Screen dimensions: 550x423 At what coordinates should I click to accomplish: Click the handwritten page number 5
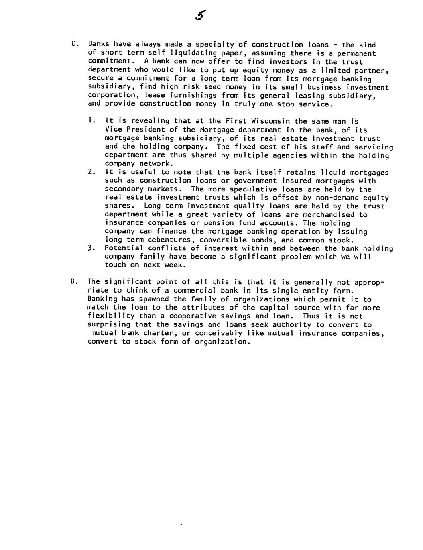[200, 16]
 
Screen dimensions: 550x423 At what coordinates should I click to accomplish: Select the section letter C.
[73, 44]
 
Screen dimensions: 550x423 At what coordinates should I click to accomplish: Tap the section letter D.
[73, 282]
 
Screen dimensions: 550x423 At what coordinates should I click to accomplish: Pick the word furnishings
[193, 96]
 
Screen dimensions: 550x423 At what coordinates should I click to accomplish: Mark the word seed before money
[212, 87]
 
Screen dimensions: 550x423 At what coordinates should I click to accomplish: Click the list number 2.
[91, 172]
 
